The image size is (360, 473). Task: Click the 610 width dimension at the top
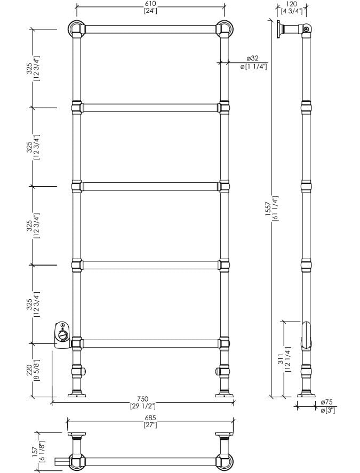(149, 3)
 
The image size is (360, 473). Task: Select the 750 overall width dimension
(142, 399)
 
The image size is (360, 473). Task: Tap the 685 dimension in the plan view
(149, 418)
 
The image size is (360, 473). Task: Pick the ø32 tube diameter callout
(252, 58)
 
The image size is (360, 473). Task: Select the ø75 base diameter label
(327, 403)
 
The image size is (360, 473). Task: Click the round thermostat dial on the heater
(63, 336)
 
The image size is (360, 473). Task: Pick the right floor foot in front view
(223, 395)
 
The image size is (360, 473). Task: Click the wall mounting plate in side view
(279, 29)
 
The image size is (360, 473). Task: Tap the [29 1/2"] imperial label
(142, 406)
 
